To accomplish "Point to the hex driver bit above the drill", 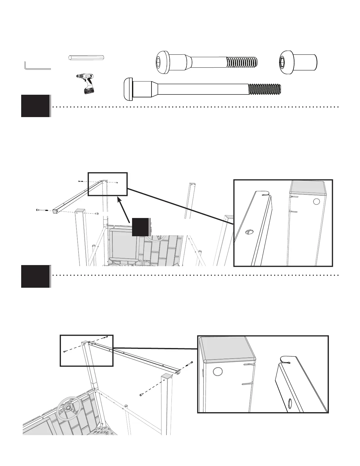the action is coord(87,57).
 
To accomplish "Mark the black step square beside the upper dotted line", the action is coord(35,106).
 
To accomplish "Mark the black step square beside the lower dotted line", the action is coord(35,276).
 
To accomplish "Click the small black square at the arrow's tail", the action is coord(140,227).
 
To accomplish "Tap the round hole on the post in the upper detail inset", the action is coord(316,202).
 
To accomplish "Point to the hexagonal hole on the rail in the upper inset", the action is coord(249,232).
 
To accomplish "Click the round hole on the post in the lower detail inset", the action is coord(217,372).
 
